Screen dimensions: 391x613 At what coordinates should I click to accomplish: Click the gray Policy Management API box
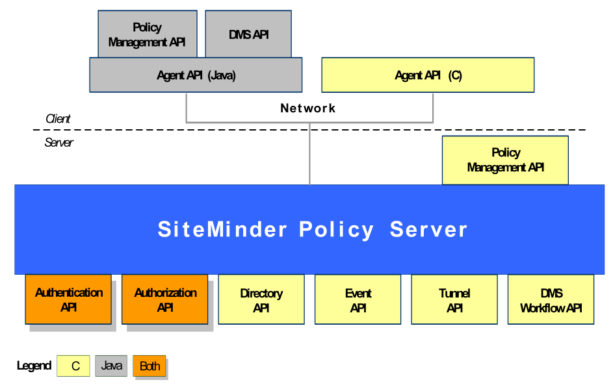click(147, 34)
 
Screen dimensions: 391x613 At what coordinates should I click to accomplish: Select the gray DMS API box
click(248, 34)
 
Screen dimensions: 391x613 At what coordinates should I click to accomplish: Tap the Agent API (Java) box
click(196, 75)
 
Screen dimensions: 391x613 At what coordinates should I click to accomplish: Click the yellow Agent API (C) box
click(428, 75)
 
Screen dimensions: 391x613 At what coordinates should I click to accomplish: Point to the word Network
click(308, 108)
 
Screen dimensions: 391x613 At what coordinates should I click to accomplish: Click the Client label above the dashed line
click(58, 119)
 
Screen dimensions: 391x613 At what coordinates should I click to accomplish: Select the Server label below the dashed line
click(59, 142)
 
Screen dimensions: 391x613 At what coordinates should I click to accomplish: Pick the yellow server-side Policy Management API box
click(505, 160)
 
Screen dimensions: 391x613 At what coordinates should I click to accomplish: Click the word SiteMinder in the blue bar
click(222, 230)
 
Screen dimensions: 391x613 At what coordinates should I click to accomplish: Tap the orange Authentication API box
click(68, 299)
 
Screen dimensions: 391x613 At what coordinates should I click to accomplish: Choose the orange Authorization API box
click(165, 299)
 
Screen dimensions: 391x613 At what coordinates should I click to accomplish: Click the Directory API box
click(261, 300)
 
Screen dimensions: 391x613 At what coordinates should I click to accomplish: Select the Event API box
click(358, 300)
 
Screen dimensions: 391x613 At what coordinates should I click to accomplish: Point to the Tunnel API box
click(454, 300)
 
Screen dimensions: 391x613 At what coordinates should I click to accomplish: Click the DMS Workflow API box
click(551, 300)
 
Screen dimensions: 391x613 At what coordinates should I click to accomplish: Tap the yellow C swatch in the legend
click(75, 366)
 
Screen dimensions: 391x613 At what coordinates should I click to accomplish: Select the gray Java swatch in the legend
click(111, 366)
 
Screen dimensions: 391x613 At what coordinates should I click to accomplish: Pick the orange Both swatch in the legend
click(150, 366)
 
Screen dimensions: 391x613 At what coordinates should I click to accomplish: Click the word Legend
click(34, 366)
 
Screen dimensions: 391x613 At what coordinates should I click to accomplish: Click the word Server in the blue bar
click(428, 230)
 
